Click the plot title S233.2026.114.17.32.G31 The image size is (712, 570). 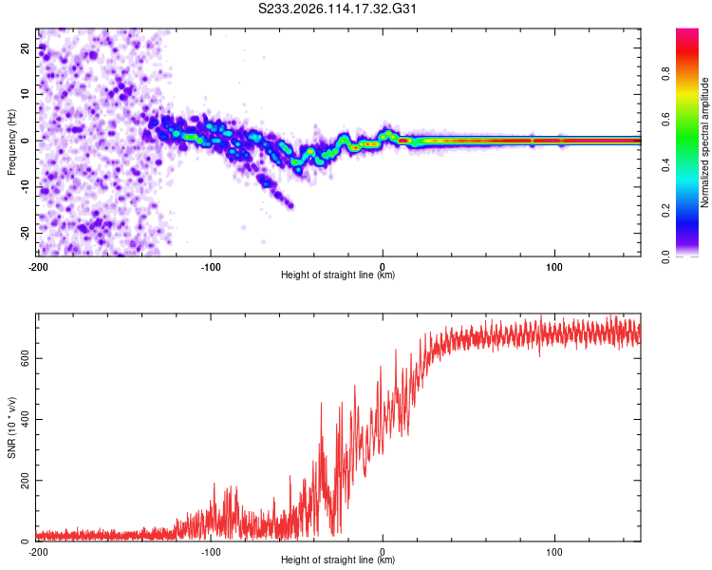[x=337, y=9]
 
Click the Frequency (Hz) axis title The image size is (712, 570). [x=11, y=142]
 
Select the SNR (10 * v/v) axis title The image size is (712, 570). [x=11, y=427]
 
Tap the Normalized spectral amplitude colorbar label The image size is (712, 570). [x=704, y=142]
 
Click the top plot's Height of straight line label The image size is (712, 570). [x=338, y=275]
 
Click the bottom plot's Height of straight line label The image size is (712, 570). [x=338, y=560]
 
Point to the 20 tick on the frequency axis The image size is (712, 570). [x=25, y=47]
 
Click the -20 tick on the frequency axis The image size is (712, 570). [x=25, y=233]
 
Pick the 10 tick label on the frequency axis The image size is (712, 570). [x=25, y=94]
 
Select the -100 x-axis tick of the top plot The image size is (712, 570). [x=211, y=267]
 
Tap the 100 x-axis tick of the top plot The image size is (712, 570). [x=554, y=267]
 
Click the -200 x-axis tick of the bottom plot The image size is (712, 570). [x=38, y=552]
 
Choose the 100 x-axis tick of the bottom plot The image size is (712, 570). [x=554, y=552]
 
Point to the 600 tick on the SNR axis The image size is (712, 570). [x=25, y=359]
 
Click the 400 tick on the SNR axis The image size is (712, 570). [x=25, y=420]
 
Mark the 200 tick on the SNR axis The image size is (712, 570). [x=25, y=481]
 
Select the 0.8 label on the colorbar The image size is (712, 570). [x=665, y=74]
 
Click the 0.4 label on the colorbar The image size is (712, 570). [x=665, y=165]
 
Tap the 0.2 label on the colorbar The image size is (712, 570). [x=665, y=211]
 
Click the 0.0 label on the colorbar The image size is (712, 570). [x=665, y=256]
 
